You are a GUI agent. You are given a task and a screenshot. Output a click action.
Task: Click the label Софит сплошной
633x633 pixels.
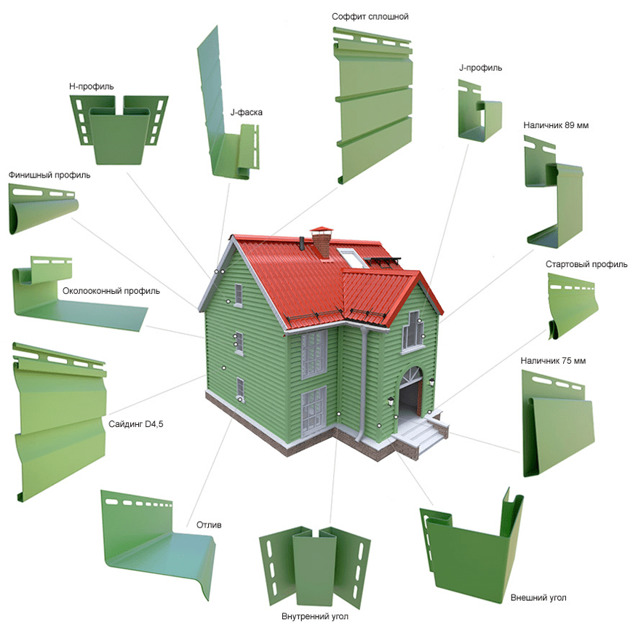(370, 17)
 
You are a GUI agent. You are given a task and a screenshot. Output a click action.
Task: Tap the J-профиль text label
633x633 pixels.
(480, 68)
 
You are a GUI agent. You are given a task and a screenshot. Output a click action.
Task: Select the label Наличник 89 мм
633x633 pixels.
(556, 125)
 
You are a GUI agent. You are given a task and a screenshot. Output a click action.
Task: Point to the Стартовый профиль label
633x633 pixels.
(586, 264)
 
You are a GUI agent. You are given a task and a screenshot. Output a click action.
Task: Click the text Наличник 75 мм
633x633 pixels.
(553, 360)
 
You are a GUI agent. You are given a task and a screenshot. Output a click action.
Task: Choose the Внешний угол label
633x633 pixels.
(538, 597)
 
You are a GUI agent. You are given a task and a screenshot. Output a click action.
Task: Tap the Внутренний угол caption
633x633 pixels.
(315, 616)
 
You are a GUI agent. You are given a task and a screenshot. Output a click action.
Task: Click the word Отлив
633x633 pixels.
(209, 525)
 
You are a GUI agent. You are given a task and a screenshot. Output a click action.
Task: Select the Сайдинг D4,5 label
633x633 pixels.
(135, 424)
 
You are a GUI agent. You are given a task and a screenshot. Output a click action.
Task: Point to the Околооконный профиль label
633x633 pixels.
(111, 290)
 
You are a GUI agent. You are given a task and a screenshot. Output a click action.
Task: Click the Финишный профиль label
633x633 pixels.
(49, 175)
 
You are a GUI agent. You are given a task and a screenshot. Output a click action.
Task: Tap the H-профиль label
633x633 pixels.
(91, 86)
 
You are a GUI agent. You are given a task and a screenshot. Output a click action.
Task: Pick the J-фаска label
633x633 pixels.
(246, 112)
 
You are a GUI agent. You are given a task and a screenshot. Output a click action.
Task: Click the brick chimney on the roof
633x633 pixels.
(322, 242)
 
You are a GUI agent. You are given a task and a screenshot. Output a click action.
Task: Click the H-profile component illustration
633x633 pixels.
(119, 130)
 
